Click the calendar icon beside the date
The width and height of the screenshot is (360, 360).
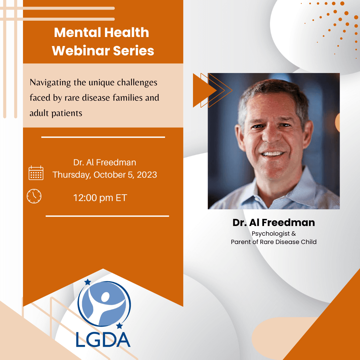pos(36,173)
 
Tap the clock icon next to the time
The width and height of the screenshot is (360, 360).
pos(34,196)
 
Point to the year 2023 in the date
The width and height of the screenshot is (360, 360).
pos(147,175)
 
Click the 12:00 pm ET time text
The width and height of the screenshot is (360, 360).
pos(100,198)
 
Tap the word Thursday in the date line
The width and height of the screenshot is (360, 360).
pos(72,175)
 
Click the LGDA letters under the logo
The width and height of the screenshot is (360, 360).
pos(103,340)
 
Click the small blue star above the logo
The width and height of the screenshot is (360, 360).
pos(88,282)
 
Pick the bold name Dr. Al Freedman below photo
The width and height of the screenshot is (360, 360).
pos(274,222)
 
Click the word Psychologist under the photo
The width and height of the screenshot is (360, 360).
pos(271,234)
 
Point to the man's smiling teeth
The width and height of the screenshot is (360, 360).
pos(273,153)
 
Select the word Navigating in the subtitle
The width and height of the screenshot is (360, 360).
pos(50,83)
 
